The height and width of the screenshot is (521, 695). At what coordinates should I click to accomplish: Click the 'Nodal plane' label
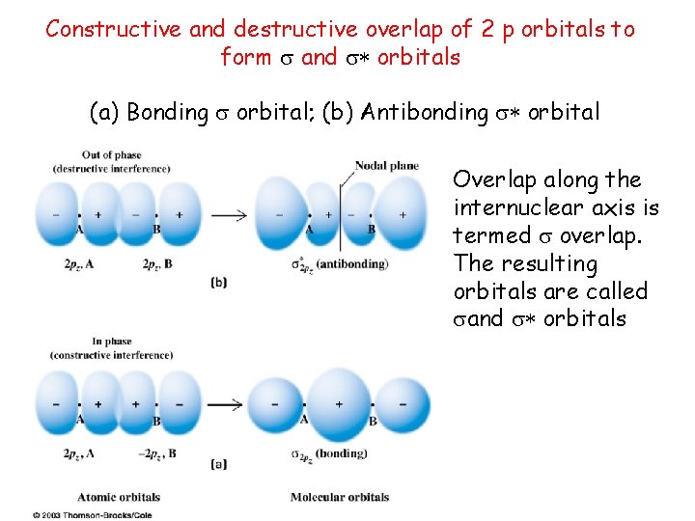[x=386, y=165]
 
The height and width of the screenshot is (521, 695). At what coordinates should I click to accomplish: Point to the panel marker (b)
[x=218, y=283]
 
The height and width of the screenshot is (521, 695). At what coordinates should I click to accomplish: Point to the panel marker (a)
[x=218, y=464]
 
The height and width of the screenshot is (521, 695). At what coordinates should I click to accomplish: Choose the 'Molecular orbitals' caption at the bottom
[x=340, y=497]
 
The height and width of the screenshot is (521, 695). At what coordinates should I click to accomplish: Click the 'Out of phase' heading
[x=111, y=154]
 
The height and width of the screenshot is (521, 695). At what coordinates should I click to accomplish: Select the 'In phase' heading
[x=111, y=342]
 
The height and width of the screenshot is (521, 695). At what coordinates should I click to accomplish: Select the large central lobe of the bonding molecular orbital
[x=339, y=403]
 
